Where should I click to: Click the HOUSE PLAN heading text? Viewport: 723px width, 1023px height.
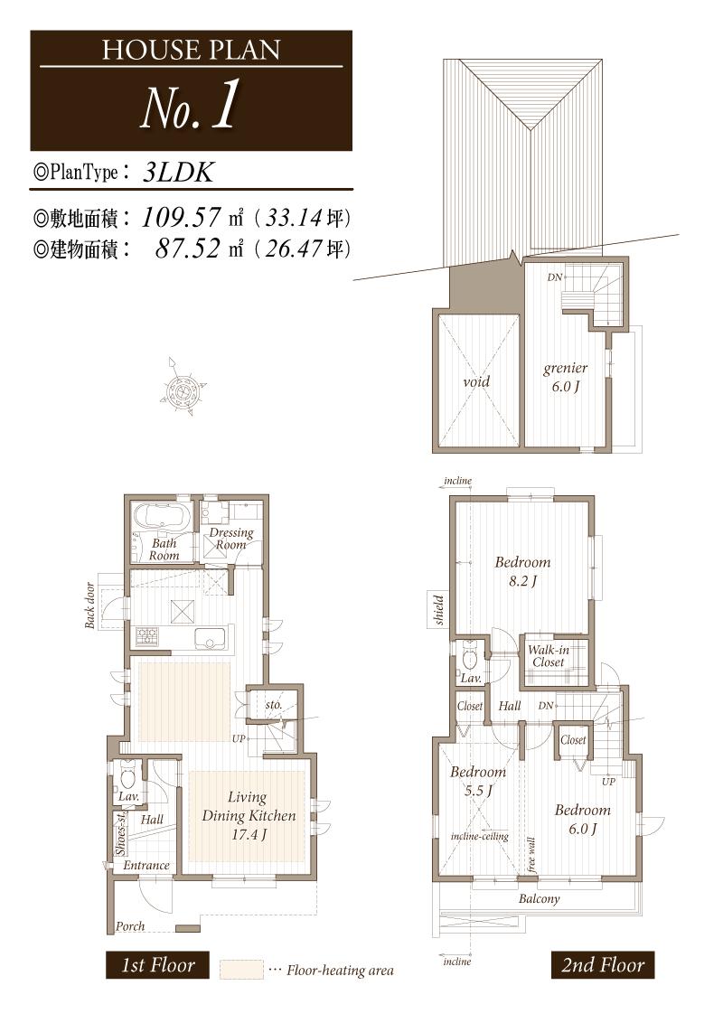[191, 49]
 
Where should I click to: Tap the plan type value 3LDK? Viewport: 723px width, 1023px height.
[178, 173]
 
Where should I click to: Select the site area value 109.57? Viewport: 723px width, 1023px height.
[184, 218]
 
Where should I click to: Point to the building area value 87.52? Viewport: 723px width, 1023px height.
[188, 249]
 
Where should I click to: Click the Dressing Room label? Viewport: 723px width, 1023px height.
[230, 539]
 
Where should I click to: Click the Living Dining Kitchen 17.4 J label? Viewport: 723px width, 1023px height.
[248, 815]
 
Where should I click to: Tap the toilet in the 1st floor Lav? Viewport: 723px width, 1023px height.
[127, 776]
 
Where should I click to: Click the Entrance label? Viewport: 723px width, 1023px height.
[146, 865]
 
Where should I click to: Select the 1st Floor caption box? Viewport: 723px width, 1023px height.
[158, 965]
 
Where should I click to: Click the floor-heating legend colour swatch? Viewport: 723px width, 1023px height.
[240, 970]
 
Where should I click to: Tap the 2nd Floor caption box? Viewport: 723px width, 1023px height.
[602, 965]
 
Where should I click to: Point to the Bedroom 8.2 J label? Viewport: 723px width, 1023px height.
[521, 571]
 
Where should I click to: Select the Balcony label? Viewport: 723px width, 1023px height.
[539, 899]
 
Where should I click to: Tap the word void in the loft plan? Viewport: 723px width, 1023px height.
[476, 381]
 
